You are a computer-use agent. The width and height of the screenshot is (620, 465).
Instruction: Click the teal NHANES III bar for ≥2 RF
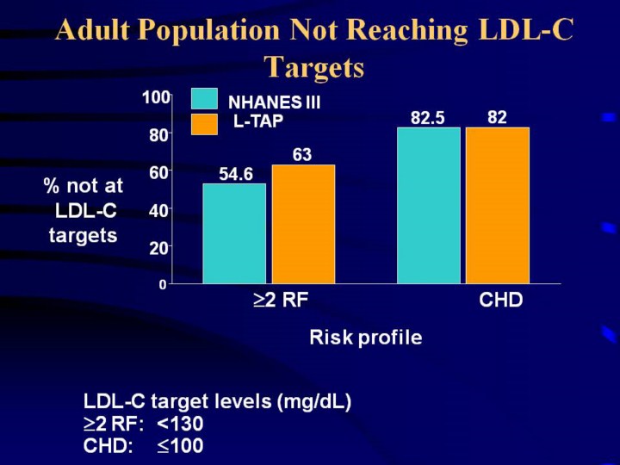pyautogui.click(x=234, y=233)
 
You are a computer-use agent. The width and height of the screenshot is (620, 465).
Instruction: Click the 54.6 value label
pyautogui.click(x=236, y=175)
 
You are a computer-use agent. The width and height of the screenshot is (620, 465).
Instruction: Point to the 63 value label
pyautogui.click(x=301, y=155)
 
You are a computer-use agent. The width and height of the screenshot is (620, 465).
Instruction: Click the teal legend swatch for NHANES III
pyautogui.click(x=204, y=100)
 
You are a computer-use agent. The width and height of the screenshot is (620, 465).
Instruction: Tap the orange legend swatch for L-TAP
pyautogui.click(x=204, y=124)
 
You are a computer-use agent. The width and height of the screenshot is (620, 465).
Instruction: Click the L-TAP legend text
pyautogui.click(x=257, y=122)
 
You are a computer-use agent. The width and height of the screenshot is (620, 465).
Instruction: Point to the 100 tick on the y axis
pyautogui.click(x=156, y=98)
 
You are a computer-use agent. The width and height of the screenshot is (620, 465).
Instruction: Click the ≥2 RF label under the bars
pyautogui.click(x=280, y=301)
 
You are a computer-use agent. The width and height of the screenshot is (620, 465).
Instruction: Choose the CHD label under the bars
pyautogui.click(x=500, y=301)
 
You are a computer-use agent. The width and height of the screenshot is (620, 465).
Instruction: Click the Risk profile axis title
pyautogui.click(x=365, y=338)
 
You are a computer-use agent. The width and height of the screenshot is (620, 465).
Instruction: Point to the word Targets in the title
pyautogui.click(x=314, y=66)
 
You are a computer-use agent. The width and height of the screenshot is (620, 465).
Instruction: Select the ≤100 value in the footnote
pyautogui.click(x=180, y=446)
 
